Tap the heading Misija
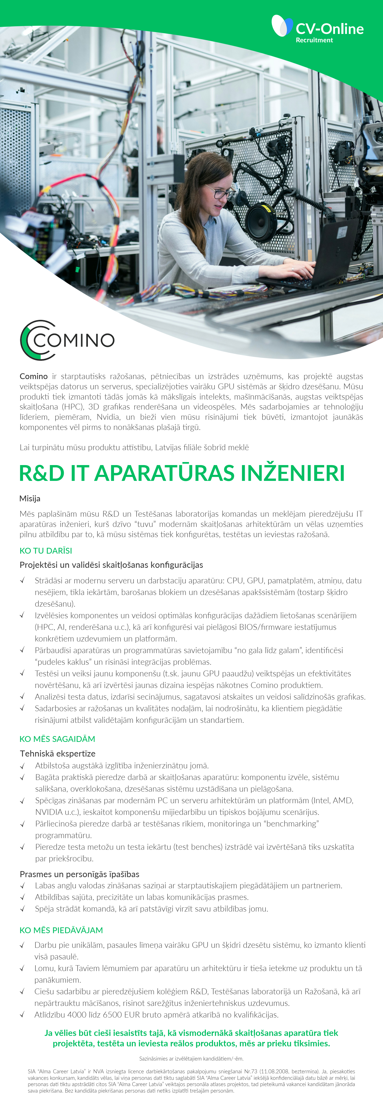point(30,499)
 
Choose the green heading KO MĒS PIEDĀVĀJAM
point(61,930)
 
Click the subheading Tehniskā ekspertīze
point(57,754)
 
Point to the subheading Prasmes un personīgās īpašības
point(80,874)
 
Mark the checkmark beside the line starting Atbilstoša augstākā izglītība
point(23,766)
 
